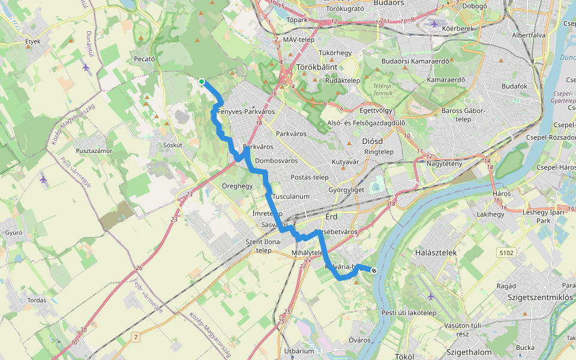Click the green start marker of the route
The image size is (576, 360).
coord(202,82)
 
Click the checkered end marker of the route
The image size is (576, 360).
coord(374,271)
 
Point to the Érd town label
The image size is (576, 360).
coord(332,216)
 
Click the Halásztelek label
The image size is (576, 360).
coord(436,253)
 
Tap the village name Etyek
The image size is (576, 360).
coord(32,41)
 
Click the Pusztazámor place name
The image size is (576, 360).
coord(94,151)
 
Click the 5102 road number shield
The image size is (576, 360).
coord(506,254)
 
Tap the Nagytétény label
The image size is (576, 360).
coord(444,164)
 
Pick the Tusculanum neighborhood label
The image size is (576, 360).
coord(290,197)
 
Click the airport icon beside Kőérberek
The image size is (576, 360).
coord(435,24)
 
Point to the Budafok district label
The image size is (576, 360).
coord(514,86)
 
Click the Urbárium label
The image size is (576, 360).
coord(299,351)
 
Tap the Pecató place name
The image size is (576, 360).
coord(145,59)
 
